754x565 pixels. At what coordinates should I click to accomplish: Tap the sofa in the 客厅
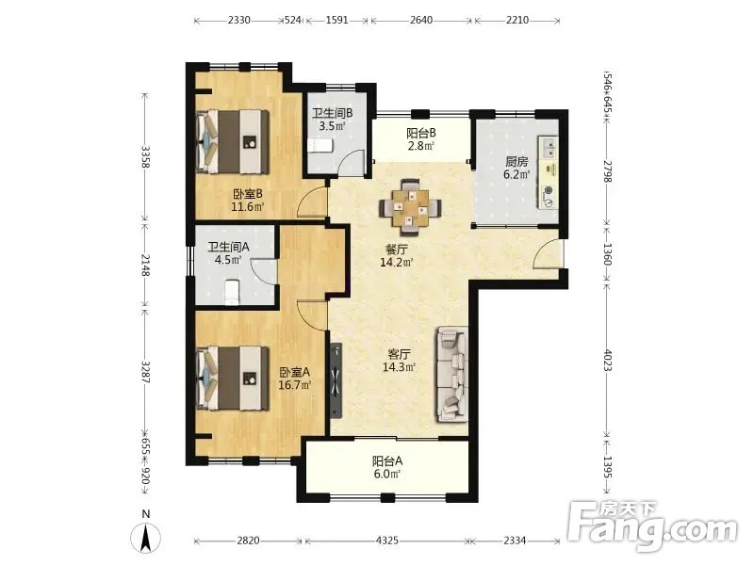pos(452,375)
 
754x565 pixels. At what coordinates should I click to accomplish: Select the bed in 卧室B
pos(233,141)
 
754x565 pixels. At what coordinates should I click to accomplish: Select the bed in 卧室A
pos(233,379)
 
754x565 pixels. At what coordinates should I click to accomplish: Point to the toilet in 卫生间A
pos(232,292)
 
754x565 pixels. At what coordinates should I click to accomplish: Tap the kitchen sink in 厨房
pos(549,148)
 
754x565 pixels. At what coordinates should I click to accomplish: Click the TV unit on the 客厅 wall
pos(336,380)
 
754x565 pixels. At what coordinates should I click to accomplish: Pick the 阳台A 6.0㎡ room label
pos(387,467)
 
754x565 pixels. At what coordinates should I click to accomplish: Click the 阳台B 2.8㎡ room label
pos(421,139)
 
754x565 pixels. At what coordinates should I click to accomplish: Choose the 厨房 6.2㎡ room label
pos(516,168)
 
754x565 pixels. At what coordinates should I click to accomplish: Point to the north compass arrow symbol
pos(146,539)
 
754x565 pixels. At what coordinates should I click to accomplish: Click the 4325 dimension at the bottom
pos(386,541)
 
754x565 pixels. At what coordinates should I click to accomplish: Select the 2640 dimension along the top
pos(421,20)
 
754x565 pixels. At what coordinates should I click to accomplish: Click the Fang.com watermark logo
pos(652,526)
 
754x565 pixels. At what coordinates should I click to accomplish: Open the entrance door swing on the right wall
pos(548,254)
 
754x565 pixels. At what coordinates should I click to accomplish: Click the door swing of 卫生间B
pos(351,163)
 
